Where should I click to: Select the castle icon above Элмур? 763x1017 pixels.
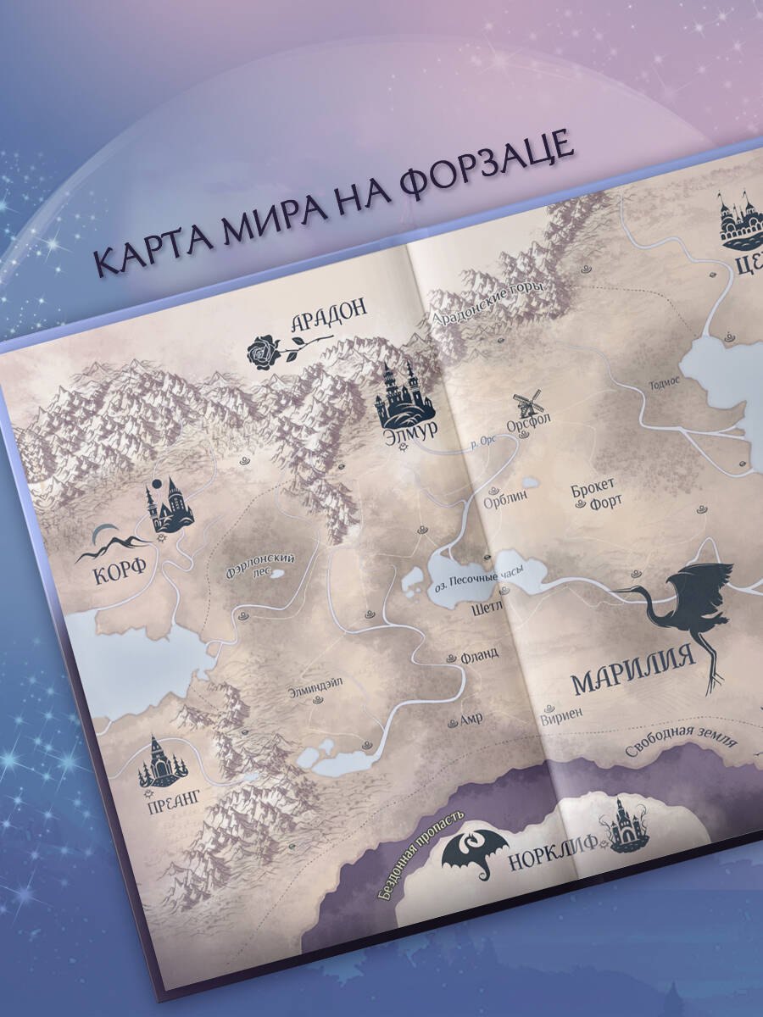click(x=398, y=393)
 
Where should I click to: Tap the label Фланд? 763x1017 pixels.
click(x=479, y=655)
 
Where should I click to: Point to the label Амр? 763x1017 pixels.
click(x=471, y=719)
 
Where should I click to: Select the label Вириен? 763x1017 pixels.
click(x=560, y=714)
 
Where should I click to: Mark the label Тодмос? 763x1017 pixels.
click(x=664, y=382)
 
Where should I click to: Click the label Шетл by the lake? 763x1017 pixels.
click(x=490, y=607)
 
